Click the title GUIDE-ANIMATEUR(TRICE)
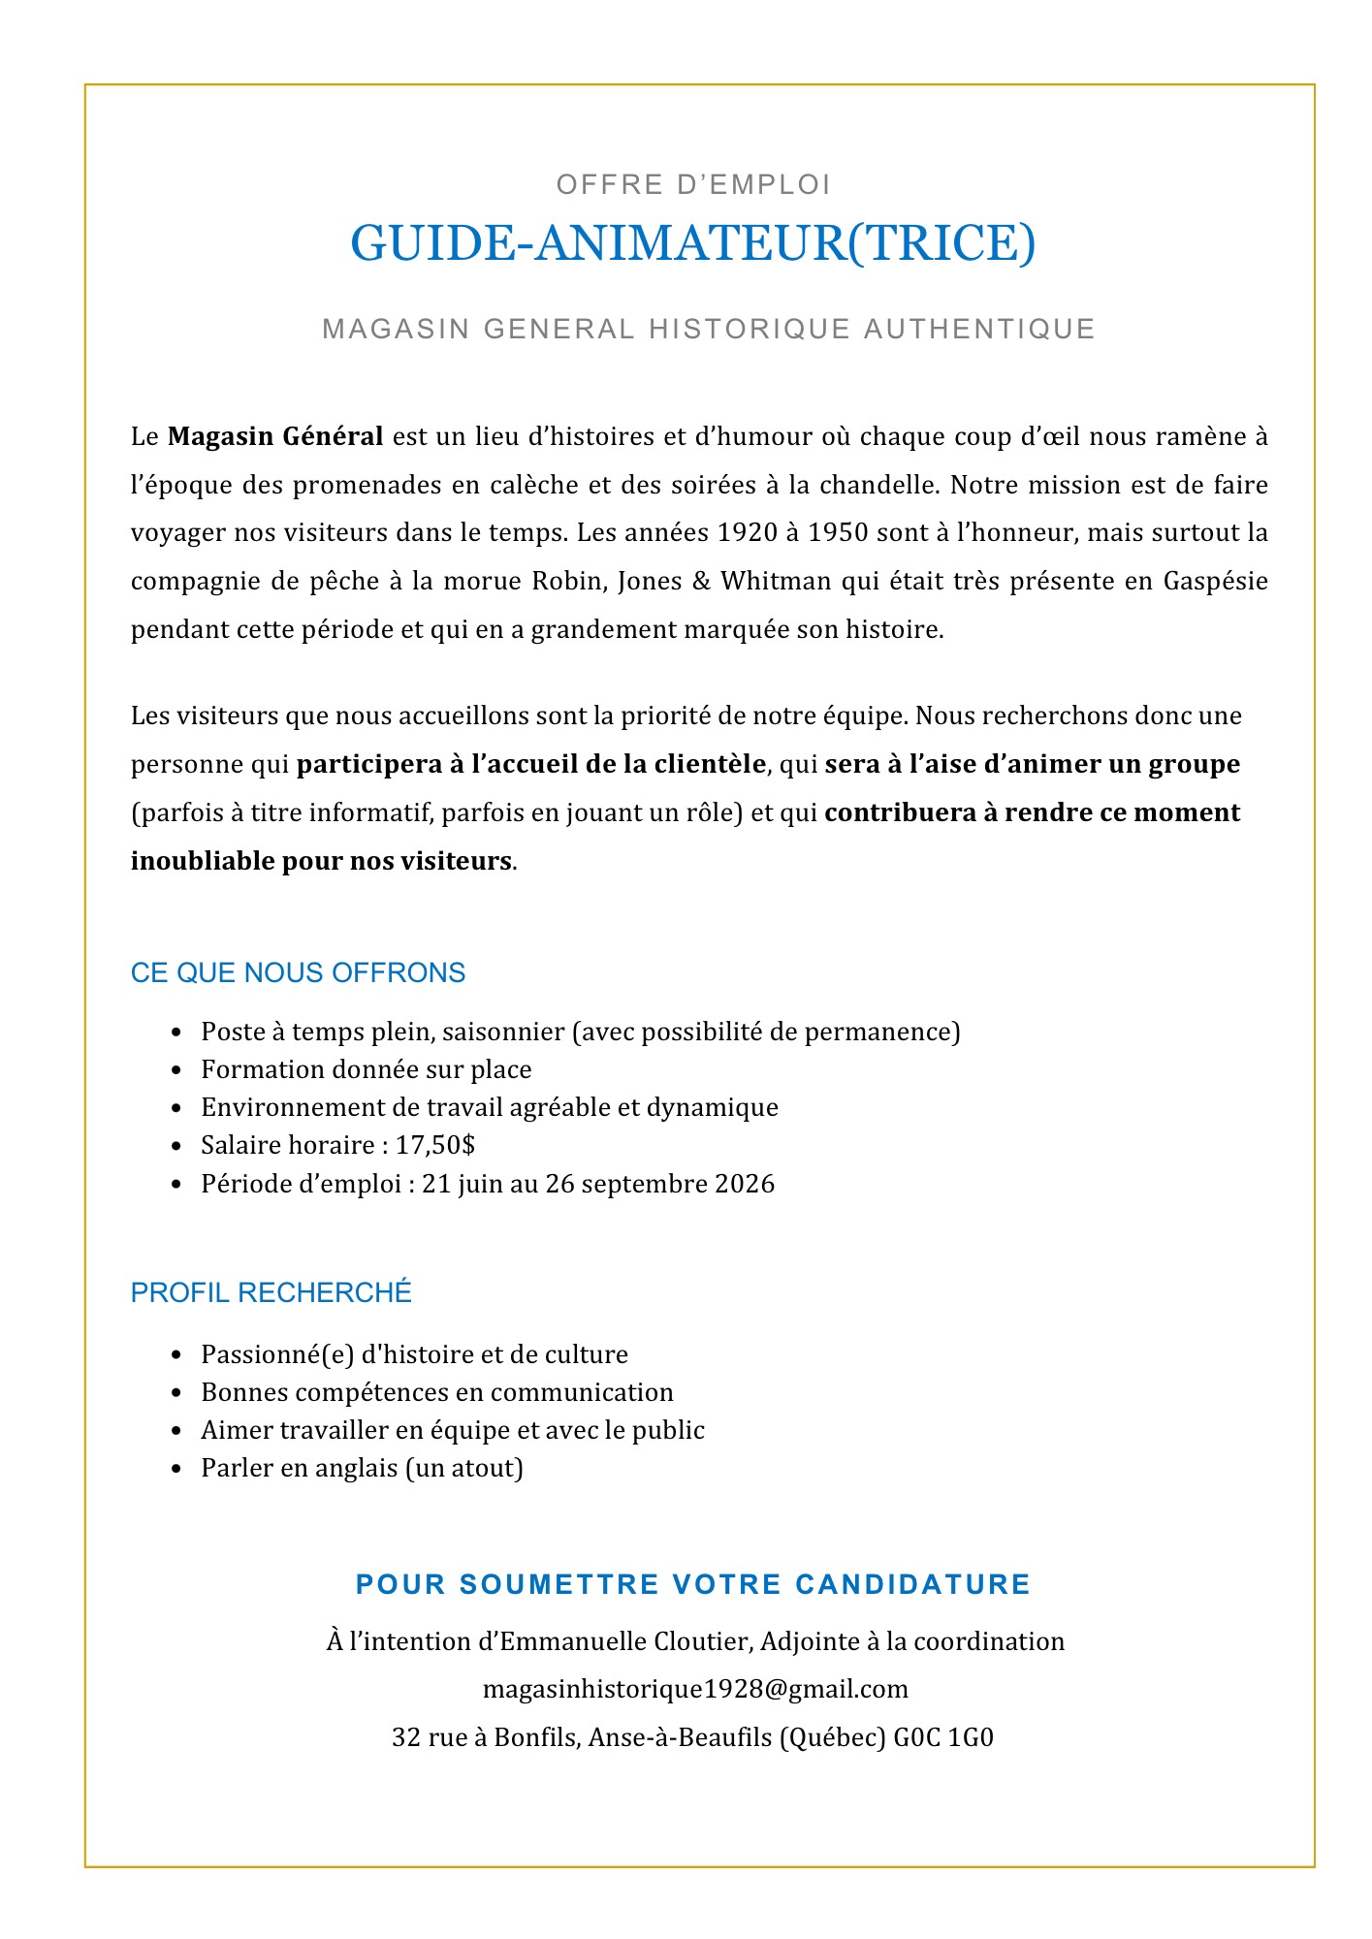692,242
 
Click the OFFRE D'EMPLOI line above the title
692,184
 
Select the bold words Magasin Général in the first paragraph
275,436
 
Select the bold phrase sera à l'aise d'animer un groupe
1032,764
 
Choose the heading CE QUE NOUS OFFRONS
298,972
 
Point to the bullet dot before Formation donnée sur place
175,1070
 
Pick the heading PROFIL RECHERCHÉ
271,1292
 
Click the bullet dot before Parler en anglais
175,1469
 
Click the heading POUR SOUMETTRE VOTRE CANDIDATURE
692,1584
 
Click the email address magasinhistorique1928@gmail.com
695,1690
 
